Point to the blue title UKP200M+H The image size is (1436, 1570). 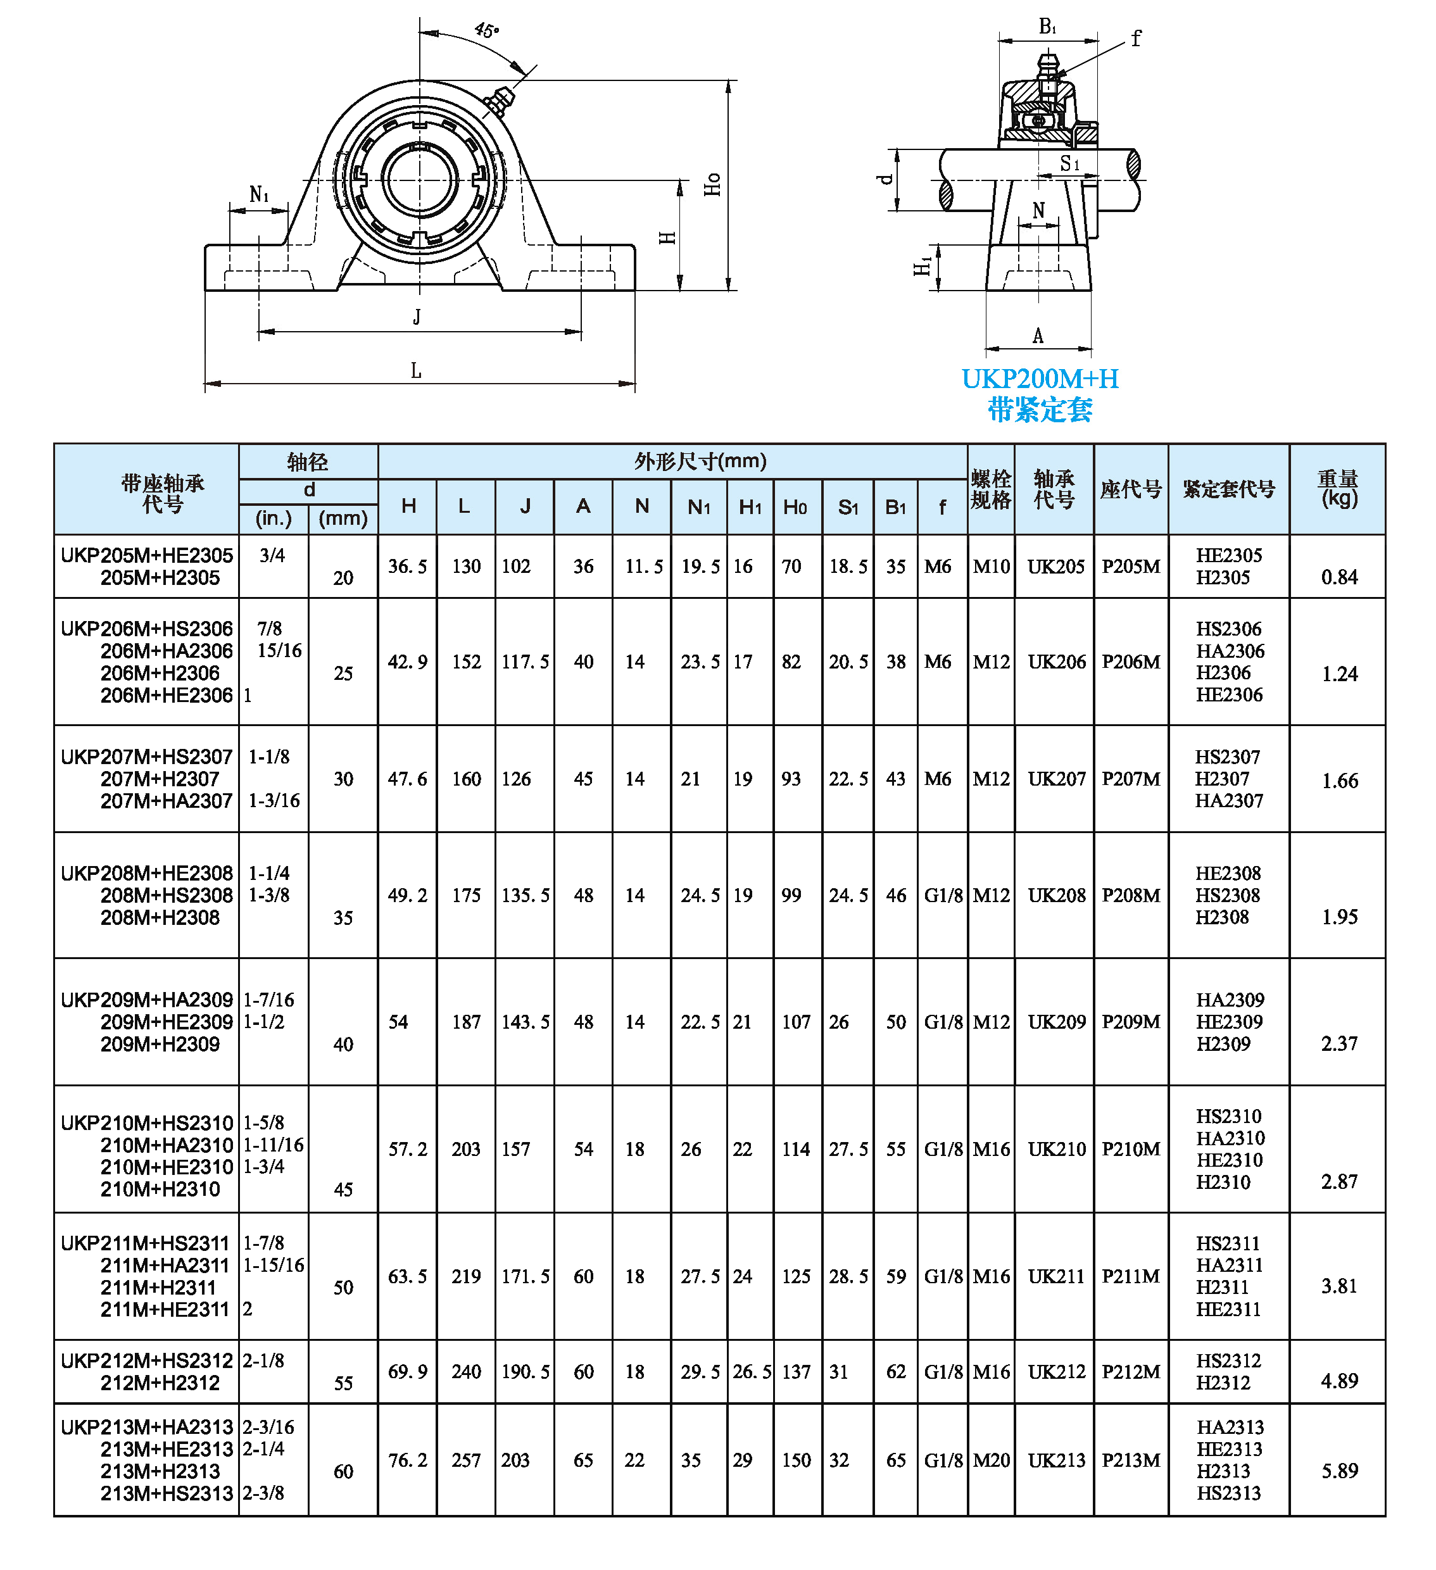click(1040, 379)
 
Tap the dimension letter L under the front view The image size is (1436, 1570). click(417, 371)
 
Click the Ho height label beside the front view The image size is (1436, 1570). click(712, 185)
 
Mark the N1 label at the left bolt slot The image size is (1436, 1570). click(258, 195)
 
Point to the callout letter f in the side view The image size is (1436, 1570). click(1136, 38)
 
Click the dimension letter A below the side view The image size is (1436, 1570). click(1038, 336)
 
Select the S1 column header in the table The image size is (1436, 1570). click(848, 508)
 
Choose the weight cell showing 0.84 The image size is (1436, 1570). click(1339, 577)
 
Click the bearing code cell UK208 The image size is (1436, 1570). click(1057, 896)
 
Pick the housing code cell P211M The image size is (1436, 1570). click(1131, 1276)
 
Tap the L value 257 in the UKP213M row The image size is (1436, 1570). click(466, 1460)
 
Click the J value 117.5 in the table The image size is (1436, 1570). click(525, 662)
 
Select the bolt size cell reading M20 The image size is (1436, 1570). click(992, 1460)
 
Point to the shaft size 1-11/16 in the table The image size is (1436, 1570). click(274, 1145)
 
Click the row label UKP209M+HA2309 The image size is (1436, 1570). click(147, 1000)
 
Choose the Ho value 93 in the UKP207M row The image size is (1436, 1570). click(791, 779)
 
